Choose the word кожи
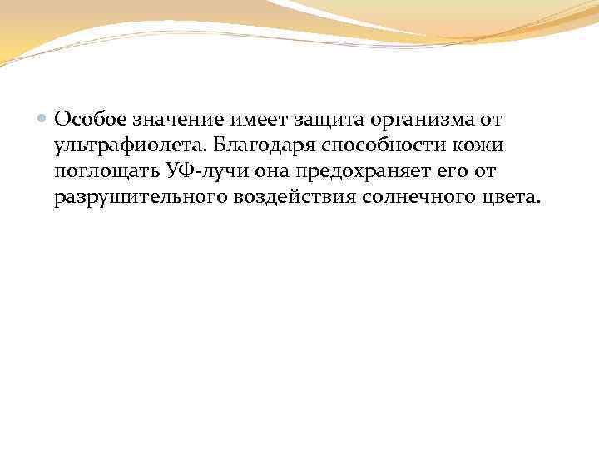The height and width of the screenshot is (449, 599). pos(481,146)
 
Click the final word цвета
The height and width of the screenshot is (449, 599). pos(509,198)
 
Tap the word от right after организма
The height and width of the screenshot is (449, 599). pos(490,121)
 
